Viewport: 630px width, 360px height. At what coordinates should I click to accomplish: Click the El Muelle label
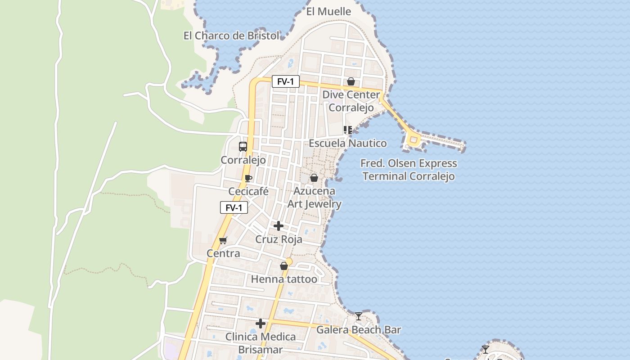tap(328, 12)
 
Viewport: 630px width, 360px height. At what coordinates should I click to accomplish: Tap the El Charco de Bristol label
tap(231, 36)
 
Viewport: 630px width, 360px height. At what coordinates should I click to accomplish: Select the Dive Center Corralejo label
tap(351, 101)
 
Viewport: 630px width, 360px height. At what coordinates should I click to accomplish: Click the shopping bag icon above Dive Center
tap(351, 81)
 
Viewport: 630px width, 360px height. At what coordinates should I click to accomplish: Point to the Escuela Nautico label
tap(347, 144)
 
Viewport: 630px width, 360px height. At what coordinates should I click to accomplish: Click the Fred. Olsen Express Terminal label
tap(409, 170)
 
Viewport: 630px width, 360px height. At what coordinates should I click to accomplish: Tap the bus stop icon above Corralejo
tap(243, 146)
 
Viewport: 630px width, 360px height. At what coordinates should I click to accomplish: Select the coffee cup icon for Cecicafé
tap(248, 178)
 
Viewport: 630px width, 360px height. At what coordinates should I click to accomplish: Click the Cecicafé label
tap(248, 192)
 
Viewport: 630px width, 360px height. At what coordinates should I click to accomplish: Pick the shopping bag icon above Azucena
tap(314, 178)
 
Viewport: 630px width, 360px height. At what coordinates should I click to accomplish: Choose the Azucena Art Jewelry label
tap(315, 198)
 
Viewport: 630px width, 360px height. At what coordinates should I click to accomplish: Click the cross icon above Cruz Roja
tap(279, 225)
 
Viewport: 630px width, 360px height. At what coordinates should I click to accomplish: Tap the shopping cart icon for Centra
tap(223, 240)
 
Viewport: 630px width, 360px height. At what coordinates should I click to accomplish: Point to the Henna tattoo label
tap(284, 279)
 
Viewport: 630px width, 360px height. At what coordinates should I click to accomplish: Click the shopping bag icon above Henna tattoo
tap(284, 266)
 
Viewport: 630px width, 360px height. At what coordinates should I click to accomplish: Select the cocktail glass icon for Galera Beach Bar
tap(358, 316)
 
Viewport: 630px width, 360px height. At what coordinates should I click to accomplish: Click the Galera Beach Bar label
tap(359, 330)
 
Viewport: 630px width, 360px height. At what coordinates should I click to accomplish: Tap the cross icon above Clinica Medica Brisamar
tap(261, 324)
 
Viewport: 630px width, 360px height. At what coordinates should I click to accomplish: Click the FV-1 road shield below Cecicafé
tap(234, 207)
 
